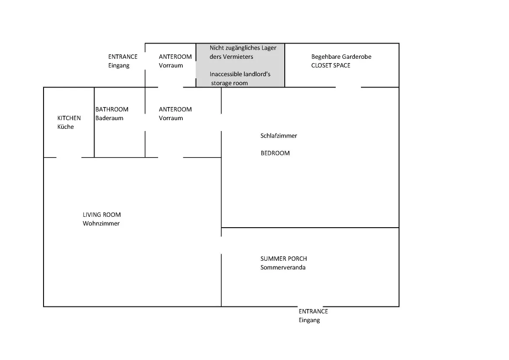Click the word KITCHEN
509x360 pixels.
click(x=69, y=118)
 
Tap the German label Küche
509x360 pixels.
click(x=66, y=127)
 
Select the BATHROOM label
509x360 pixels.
click(x=112, y=109)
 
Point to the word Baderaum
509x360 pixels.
click(x=109, y=118)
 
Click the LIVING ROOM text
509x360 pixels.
click(x=101, y=215)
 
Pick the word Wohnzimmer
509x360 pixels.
click(x=101, y=223)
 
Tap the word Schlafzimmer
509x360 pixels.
click(x=279, y=136)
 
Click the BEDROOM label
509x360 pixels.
click(x=275, y=153)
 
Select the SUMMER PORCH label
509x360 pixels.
click(x=284, y=259)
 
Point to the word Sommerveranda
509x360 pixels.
click(x=283, y=267)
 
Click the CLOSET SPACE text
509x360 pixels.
click(x=331, y=66)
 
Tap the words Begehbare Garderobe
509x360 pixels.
click(x=341, y=57)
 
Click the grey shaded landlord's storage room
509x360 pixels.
click(x=240, y=65)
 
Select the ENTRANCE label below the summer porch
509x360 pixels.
click(x=313, y=311)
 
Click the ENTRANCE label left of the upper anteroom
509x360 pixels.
click(x=123, y=57)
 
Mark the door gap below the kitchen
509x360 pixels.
click(x=69, y=158)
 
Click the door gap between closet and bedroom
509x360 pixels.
click(x=348, y=87)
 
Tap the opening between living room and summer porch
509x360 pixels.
click(x=221, y=246)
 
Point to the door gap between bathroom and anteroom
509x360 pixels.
click(x=145, y=122)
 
